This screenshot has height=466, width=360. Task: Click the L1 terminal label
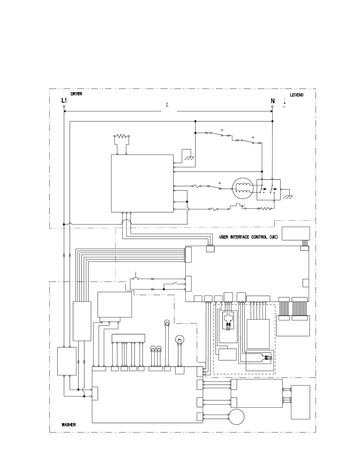point(64,101)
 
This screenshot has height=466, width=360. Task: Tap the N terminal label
point(273,101)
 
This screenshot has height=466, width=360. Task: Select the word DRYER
point(76,94)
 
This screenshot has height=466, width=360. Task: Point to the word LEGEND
point(296,95)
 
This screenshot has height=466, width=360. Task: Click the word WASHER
point(69,425)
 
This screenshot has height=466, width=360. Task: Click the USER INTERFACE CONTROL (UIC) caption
point(248,237)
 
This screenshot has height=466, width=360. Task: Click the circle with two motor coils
point(243,188)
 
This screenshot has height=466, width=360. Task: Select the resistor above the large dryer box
point(121,136)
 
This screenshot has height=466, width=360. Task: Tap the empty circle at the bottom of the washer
point(236,417)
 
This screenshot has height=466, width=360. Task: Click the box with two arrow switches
point(269,190)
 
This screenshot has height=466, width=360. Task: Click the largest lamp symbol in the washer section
point(179,340)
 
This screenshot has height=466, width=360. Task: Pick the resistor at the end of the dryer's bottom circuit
point(264,209)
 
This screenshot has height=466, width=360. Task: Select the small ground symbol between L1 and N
point(167,104)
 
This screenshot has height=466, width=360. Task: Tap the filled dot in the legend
point(284,103)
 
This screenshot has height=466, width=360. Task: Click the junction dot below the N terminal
point(272,121)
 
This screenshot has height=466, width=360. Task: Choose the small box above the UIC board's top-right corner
point(296,233)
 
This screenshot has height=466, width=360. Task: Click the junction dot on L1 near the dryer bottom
point(64,224)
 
